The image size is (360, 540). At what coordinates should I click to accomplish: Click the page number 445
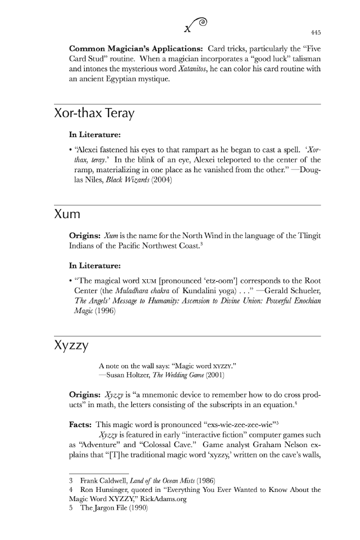pyautogui.click(x=315, y=31)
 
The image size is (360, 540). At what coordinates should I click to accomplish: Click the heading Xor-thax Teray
pyautogui.click(x=94, y=114)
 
